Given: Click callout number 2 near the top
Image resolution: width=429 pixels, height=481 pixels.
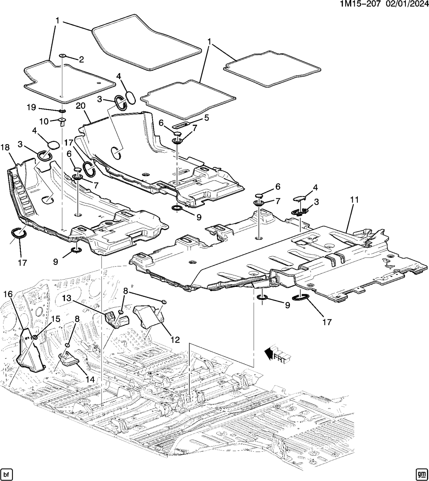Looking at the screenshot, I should pos(81,59).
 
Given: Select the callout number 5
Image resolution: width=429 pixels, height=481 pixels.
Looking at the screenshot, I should pos(206,117).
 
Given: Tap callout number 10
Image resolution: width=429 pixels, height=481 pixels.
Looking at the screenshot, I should pos(43,121).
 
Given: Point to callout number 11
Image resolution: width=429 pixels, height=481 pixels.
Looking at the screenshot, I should pos(354,200).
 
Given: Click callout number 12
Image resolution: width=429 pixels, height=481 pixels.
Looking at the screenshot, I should pos(175,339).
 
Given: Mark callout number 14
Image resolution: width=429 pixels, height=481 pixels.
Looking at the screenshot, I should pos(90,380).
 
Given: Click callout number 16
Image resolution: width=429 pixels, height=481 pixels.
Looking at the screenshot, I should pos(8,295).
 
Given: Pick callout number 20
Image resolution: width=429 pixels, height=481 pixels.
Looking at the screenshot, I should pos(80,106).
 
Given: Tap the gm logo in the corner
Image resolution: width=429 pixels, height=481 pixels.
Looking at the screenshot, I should pos(421,474).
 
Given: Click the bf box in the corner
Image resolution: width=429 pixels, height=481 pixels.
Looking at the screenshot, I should pos(6,474).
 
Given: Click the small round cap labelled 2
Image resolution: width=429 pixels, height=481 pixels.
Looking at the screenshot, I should pos(62,56).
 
